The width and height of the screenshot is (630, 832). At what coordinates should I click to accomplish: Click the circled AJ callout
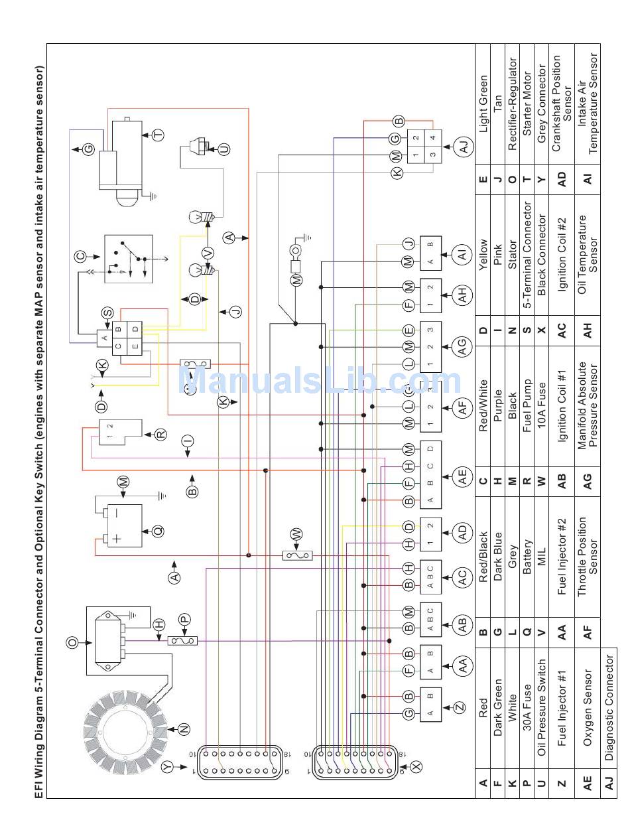coord(463,147)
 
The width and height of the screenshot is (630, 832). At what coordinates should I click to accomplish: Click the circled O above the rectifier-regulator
coord(73,642)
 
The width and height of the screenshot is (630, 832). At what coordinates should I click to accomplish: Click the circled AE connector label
coord(463,476)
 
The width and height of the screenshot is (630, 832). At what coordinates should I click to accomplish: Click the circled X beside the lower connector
coord(416,766)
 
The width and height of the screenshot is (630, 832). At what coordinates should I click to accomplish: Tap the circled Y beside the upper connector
coord(168,766)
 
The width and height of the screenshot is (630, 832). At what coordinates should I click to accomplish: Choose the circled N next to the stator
coord(183,728)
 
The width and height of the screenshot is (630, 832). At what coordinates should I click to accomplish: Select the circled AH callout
coord(463,293)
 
